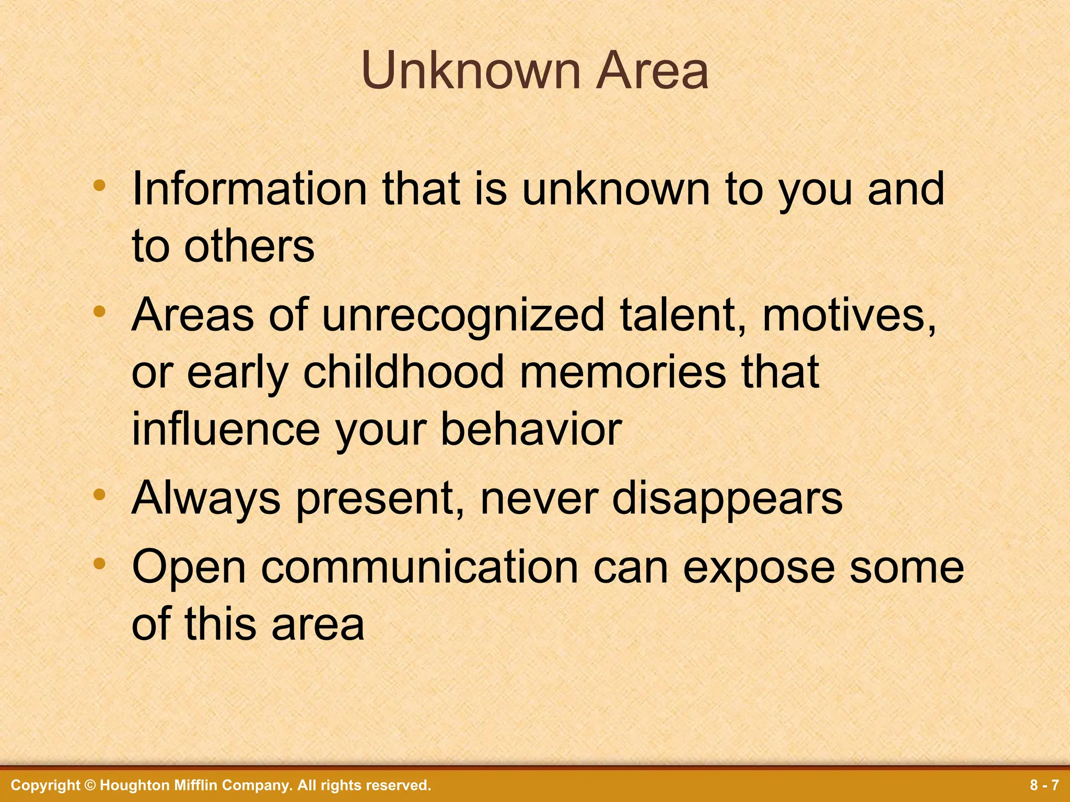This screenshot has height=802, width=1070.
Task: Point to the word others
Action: click(249, 246)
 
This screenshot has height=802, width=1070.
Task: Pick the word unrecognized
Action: click(463, 316)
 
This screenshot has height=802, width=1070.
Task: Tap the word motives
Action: click(849, 316)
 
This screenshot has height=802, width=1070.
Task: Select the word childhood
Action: click(403, 372)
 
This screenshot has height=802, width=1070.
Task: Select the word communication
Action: click(420, 568)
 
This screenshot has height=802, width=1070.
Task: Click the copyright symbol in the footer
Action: click(90, 785)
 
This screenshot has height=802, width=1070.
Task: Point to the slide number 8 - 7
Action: click(1044, 785)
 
